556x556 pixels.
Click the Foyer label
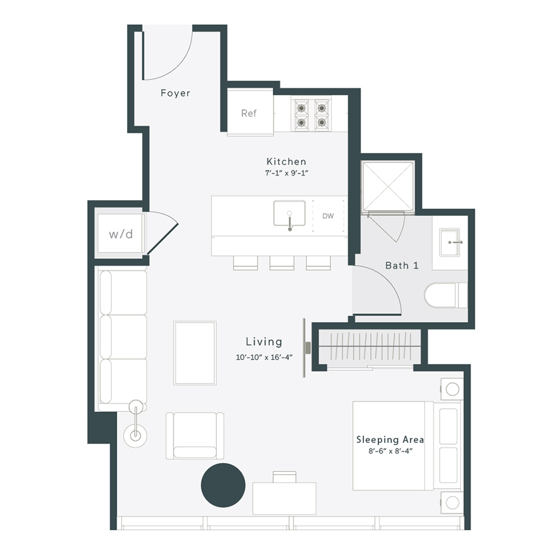(175, 93)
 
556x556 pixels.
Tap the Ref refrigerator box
(249, 113)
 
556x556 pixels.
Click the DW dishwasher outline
(328, 216)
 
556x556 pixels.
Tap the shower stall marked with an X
(388, 186)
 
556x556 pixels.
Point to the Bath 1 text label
(402, 266)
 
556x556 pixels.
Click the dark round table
(223, 486)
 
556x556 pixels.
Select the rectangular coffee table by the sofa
(195, 353)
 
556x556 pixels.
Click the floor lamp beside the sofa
(135, 434)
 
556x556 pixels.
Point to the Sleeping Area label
(390, 440)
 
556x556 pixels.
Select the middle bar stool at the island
(282, 263)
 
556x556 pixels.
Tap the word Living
(264, 342)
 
